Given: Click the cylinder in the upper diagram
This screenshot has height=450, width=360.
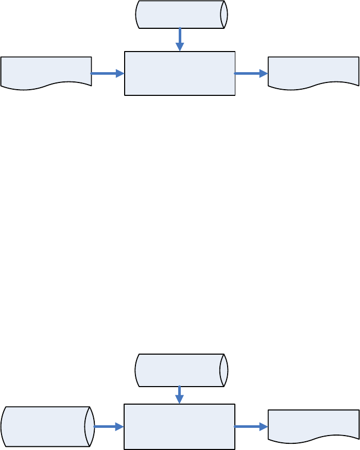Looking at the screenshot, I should pyautogui.click(x=180, y=14).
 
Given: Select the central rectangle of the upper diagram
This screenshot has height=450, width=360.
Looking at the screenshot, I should pyautogui.click(x=180, y=73).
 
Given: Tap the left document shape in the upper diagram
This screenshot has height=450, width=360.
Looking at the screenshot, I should pyautogui.click(x=46, y=72).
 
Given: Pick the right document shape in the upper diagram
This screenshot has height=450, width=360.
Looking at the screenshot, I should pyautogui.click(x=313, y=72).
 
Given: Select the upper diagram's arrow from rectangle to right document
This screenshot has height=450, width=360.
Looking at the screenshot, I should pyautogui.click(x=251, y=74).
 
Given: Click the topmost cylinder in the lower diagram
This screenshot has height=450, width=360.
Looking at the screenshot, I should pyautogui.click(x=180, y=370).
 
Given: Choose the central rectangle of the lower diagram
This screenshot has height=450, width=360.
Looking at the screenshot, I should pyautogui.click(x=179, y=426).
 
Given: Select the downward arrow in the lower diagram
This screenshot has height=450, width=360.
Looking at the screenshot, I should pyautogui.click(x=179, y=394).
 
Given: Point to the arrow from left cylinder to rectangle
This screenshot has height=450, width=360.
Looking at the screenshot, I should pyautogui.click(x=109, y=427).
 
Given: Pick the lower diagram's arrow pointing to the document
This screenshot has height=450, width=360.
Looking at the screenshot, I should pyautogui.click(x=251, y=427).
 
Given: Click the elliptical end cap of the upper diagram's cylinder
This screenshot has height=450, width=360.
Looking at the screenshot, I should pyautogui.click(x=224, y=14).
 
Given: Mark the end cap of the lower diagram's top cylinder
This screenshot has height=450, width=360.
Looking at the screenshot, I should pyautogui.click(x=224, y=370).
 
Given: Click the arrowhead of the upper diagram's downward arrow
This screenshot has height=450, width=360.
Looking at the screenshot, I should pyautogui.click(x=180, y=47).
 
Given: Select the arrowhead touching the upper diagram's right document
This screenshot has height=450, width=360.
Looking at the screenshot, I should pyautogui.click(x=264, y=74).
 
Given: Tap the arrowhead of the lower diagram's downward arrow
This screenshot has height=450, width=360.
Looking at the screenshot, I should pyautogui.click(x=179, y=400).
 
